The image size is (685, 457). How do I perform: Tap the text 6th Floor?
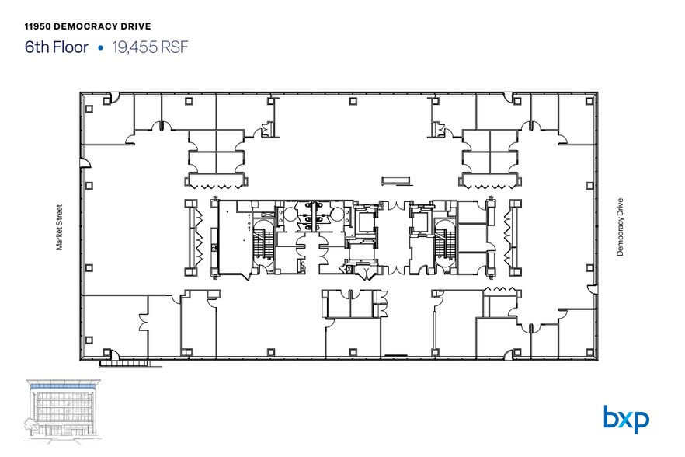pos(57,47)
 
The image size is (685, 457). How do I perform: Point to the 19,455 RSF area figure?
pos(151,47)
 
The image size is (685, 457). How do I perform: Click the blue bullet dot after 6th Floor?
pos(100,47)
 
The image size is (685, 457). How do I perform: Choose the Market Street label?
pos(59,228)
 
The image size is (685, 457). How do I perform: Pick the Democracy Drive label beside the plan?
pos(620,227)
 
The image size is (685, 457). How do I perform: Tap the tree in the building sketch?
pos(30,424)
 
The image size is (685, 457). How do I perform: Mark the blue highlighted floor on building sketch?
pos(63,386)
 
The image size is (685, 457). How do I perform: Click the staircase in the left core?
pos(263,242)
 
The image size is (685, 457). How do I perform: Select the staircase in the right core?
pos(445,242)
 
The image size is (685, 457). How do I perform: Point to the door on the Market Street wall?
pos(85,162)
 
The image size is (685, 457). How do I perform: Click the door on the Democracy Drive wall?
pos(592,288)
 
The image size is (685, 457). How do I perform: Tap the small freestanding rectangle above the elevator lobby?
pos(396,180)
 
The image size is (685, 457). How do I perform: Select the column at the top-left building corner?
pos(89,109)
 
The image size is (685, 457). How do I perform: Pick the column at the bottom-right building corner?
pos(589,352)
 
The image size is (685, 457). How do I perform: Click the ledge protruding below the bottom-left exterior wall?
pos(130,364)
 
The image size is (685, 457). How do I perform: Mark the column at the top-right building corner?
pos(589,102)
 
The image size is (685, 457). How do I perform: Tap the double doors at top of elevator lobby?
pos(396,205)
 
